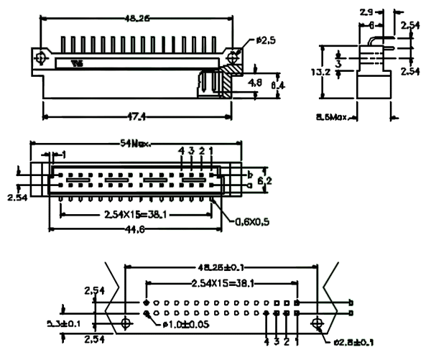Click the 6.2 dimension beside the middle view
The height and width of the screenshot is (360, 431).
[265, 180]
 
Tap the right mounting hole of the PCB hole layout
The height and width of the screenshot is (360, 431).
[317, 325]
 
